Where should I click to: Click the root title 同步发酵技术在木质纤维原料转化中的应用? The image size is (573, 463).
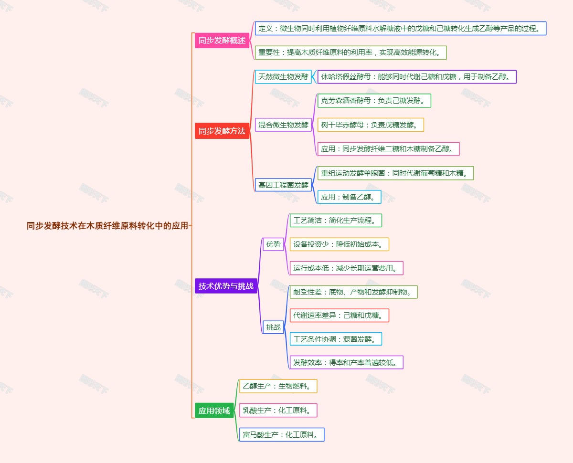coord(107,226)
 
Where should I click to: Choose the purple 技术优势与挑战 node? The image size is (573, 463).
coord(226,286)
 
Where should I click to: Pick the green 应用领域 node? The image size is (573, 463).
coord(214,410)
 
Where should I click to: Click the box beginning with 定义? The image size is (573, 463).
coord(400,28)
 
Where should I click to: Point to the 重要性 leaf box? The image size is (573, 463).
coord(350,53)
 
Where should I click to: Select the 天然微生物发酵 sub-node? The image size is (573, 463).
coord(283,76)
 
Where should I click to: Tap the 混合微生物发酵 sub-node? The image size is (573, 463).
coord(283,125)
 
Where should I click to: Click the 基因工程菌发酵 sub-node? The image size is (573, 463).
coord(283,185)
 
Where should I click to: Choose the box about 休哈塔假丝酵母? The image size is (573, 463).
coord(416,76)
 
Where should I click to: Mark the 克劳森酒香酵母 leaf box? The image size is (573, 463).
coord(367,101)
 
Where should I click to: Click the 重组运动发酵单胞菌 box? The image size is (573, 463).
coord(395,173)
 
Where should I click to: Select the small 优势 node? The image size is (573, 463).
coord(273,244)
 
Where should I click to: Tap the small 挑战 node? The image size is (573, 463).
coord(273,327)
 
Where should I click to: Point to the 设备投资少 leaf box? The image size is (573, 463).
coord(339,244)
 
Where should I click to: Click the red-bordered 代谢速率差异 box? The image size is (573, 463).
coord(339,315)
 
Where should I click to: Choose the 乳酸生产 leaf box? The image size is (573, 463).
coord(278,410)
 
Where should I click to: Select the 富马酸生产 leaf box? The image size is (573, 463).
coord(282,434)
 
